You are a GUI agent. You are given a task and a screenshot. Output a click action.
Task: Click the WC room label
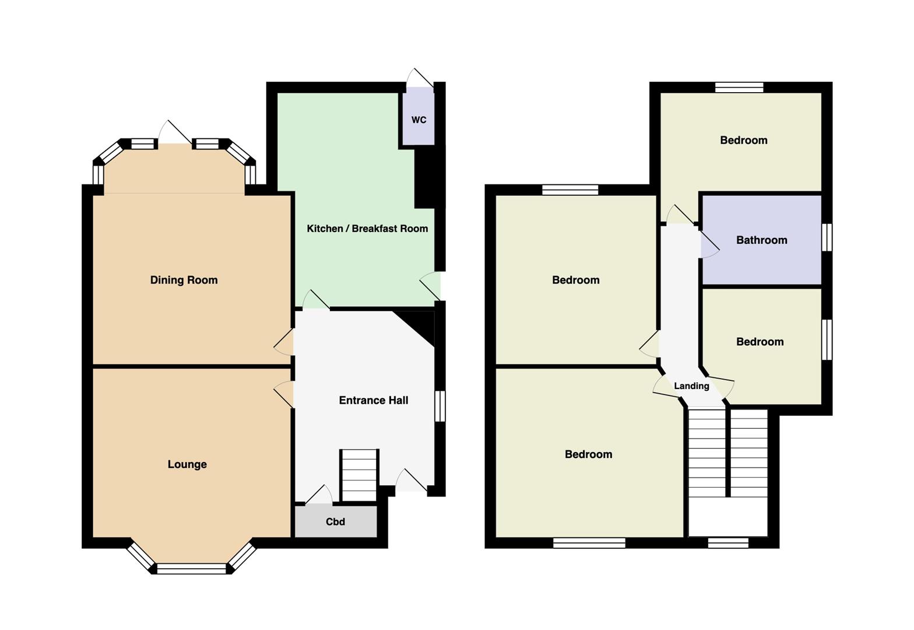point(419,120)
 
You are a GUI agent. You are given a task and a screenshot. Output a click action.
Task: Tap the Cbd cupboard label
point(335,521)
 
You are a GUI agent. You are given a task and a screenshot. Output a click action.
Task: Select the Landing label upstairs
point(691,386)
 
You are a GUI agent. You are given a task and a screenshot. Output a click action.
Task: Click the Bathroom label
point(762,240)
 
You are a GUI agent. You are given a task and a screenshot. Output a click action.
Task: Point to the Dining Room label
point(184,279)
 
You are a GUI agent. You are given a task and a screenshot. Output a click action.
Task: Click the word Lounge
point(187,464)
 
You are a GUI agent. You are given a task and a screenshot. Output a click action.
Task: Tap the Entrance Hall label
point(374,400)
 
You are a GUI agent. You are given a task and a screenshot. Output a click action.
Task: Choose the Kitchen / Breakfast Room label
point(367,228)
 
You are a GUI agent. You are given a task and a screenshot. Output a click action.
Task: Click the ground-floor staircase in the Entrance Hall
point(358,475)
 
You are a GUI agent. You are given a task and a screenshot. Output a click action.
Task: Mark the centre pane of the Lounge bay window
point(191,569)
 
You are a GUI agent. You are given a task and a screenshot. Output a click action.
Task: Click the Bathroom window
point(827,237)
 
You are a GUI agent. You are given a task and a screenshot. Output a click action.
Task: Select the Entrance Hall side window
point(440,406)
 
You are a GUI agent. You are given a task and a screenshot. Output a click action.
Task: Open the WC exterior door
point(420,78)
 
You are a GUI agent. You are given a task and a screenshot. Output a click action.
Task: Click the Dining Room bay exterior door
point(175,132)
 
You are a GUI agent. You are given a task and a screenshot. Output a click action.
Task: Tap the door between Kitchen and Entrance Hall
point(316,299)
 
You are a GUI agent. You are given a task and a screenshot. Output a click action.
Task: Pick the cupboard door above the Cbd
point(319,494)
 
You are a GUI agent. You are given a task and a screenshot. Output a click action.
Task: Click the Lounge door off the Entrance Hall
point(283,394)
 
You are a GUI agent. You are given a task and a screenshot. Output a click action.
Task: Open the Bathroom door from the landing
point(710,244)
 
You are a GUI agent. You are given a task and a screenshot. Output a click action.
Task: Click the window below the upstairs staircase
point(728,542)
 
